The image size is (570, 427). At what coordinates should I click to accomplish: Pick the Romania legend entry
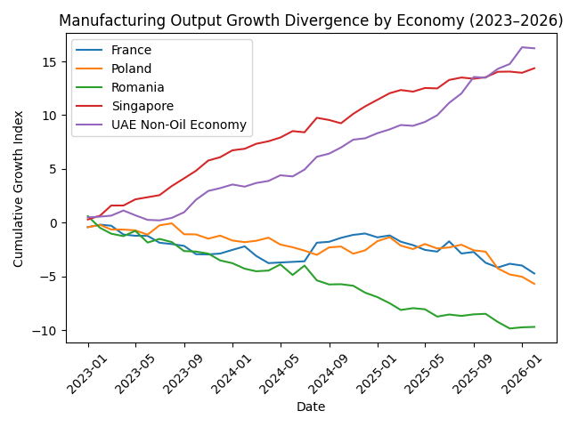137,88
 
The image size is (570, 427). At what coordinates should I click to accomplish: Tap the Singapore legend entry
141,107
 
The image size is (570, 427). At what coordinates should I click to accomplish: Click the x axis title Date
311,407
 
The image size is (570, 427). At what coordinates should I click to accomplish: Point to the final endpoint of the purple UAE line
534,48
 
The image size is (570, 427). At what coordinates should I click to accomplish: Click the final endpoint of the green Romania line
534,326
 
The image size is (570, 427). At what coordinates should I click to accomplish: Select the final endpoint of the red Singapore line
534,68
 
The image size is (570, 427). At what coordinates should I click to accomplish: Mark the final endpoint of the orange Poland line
534,284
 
